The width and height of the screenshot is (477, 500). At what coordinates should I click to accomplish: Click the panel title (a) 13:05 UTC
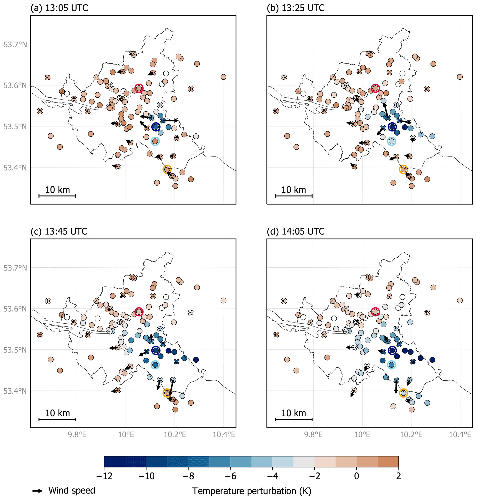59,8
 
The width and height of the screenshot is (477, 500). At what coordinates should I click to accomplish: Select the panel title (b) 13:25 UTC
295,8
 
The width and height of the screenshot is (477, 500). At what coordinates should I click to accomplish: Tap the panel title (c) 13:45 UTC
59,232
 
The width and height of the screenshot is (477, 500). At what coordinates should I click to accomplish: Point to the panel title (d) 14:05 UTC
295,232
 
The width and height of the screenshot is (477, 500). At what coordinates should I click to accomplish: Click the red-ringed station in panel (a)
139,88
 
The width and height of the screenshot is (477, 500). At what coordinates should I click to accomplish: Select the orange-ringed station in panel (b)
403,169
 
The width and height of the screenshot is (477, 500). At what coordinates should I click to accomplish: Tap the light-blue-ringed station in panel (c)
155,365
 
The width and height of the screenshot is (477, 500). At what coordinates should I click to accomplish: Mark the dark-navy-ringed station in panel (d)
392,350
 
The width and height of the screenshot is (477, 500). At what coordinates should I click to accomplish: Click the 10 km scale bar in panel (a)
57,196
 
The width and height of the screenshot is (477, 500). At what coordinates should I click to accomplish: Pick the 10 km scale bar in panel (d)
294,419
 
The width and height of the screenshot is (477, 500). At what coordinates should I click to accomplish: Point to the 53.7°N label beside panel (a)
15,45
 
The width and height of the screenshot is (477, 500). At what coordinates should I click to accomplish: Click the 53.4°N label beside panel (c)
15,391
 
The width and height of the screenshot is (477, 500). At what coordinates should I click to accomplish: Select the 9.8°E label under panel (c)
77,434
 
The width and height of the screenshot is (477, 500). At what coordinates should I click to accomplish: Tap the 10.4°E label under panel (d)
460,434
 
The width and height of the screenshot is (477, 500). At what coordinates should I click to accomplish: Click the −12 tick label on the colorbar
104,476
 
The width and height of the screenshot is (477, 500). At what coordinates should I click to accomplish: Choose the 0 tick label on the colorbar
357,476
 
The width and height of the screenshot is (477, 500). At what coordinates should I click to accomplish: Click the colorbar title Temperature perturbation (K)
252,491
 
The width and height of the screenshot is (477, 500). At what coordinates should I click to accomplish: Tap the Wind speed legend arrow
38,491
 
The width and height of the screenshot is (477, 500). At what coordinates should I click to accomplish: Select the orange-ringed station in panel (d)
403,393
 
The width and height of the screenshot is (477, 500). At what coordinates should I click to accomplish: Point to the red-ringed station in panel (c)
139,312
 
